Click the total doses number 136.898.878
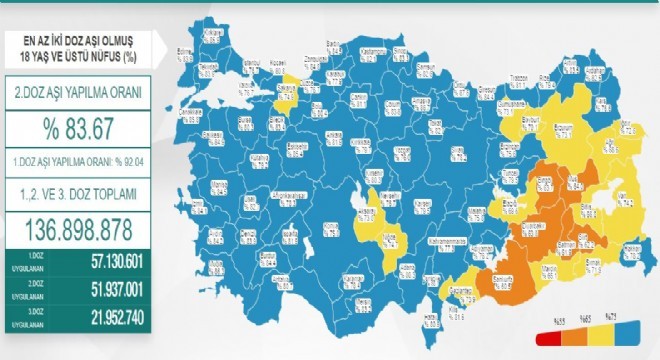click(79, 229)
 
